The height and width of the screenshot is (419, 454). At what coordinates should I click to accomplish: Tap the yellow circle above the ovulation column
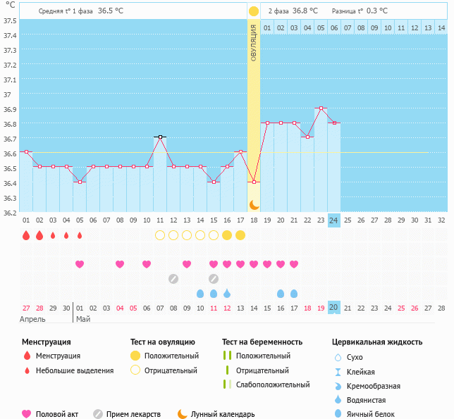(x=253, y=11)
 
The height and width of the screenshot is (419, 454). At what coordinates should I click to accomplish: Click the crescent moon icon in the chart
(x=254, y=204)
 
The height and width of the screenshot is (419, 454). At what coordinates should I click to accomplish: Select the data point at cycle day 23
(x=321, y=108)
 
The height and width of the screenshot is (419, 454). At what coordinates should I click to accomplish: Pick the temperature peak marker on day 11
(x=160, y=137)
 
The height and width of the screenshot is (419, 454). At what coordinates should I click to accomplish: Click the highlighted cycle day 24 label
(x=334, y=220)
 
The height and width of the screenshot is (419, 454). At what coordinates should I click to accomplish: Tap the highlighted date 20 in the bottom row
(x=334, y=308)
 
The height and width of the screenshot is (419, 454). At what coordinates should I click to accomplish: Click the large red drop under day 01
(x=26, y=235)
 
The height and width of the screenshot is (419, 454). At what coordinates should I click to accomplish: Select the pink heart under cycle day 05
(x=80, y=264)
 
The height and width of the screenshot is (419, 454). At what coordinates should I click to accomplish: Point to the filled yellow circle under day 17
(x=240, y=235)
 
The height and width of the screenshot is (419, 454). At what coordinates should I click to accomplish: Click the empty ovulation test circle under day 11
(x=160, y=235)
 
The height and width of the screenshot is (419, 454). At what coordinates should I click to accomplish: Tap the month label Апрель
(x=32, y=319)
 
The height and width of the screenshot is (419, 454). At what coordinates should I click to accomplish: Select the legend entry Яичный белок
(x=376, y=415)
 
